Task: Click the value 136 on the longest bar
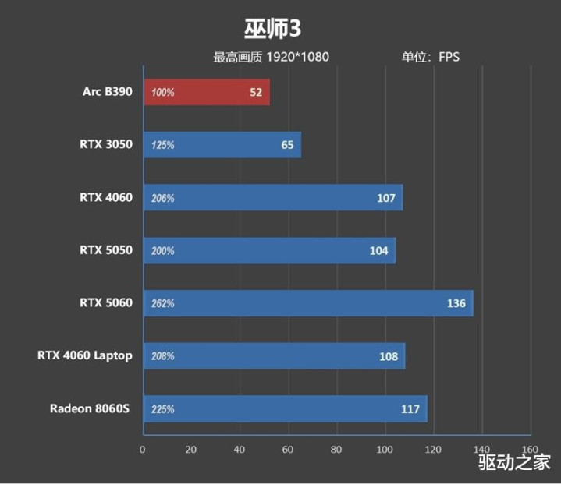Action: point(456,303)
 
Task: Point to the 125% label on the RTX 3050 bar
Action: point(164,145)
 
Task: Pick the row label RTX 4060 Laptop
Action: point(84,355)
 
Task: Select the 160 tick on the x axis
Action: point(530,449)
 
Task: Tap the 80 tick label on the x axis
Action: point(336,449)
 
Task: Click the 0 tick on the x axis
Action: point(143,449)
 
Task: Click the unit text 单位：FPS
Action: point(431,57)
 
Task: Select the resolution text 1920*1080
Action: point(298,57)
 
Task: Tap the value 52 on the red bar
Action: point(256,92)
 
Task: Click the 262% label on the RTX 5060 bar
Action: point(164,303)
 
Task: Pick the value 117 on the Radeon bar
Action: point(410,408)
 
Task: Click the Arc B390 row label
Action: point(108,92)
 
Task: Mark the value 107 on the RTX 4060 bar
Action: point(386,198)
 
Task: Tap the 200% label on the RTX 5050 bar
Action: point(164,251)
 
